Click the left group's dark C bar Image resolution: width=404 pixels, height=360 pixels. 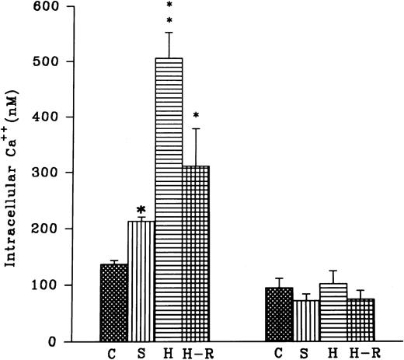click(114, 302)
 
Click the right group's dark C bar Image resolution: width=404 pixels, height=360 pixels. click(280, 314)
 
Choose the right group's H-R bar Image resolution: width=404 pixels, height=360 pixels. click(360, 320)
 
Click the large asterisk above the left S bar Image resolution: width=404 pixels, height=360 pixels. click(141, 211)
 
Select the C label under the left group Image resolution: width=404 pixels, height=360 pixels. click(115, 353)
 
